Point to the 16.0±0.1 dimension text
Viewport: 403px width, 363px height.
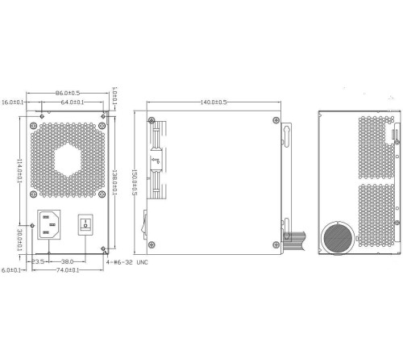(x=13, y=103)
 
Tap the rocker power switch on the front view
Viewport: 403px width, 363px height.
(x=85, y=224)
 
